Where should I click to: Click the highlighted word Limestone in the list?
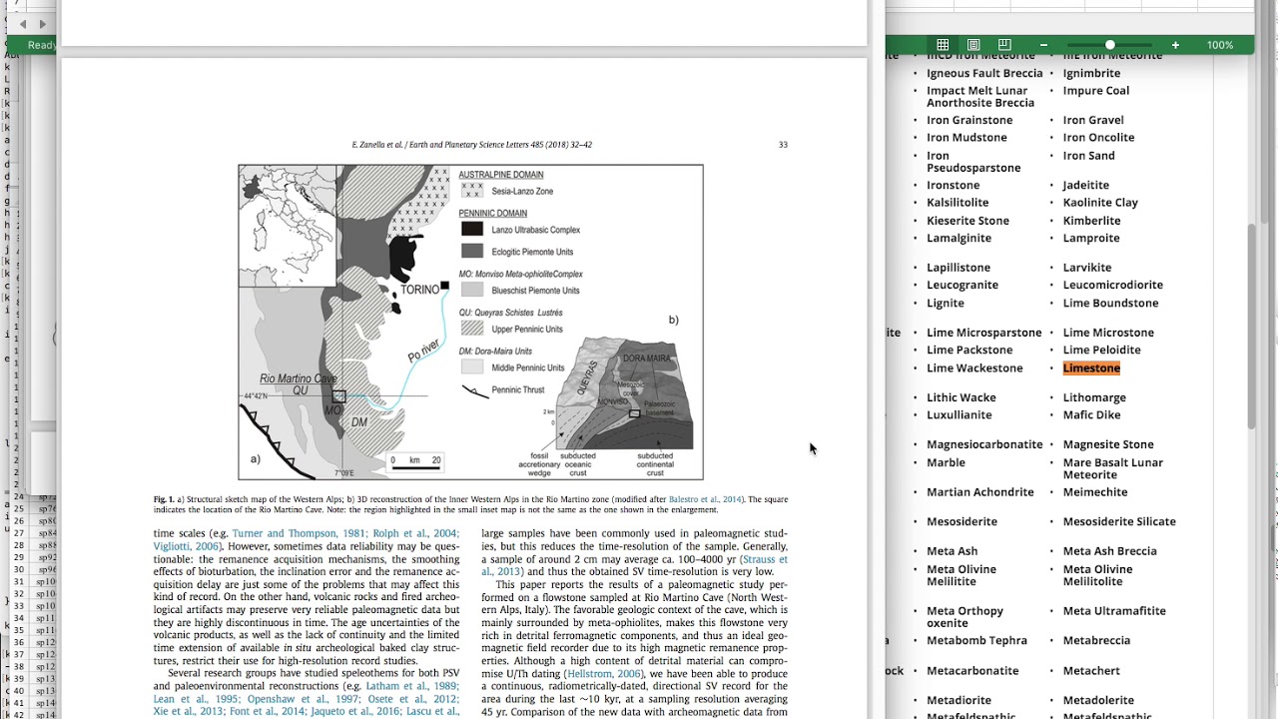pyautogui.click(x=1091, y=368)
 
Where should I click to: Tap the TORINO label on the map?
pyautogui.click(x=419, y=290)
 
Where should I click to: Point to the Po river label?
pyautogui.click(x=423, y=351)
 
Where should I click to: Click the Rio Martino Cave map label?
pyautogui.click(x=298, y=378)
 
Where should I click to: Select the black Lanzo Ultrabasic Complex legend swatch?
pyautogui.click(x=472, y=230)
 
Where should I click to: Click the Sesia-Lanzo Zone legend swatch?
pyautogui.click(x=472, y=191)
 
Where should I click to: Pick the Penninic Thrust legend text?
pyautogui.click(x=518, y=389)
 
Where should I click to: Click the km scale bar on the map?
pyautogui.click(x=414, y=460)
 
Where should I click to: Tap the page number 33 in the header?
pyautogui.click(x=783, y=145)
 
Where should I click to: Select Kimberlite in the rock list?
pyautogui.click(x=1091, y=221)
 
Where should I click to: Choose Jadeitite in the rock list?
pyautogui.click(x=1085, y=185)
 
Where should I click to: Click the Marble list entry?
pyautogui.click(x=946, y=462)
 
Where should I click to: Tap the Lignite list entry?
pyautogui.click(x=945, y=303)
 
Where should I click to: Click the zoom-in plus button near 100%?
pyautogui.click(x=1175, y=45)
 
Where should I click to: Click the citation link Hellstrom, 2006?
pyautogui.click(x=603, y=674)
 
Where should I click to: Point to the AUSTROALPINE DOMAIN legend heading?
pyautogui.click(x=500, y=175)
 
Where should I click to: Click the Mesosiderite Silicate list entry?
pyautogui.click(x=1118, y=521)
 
